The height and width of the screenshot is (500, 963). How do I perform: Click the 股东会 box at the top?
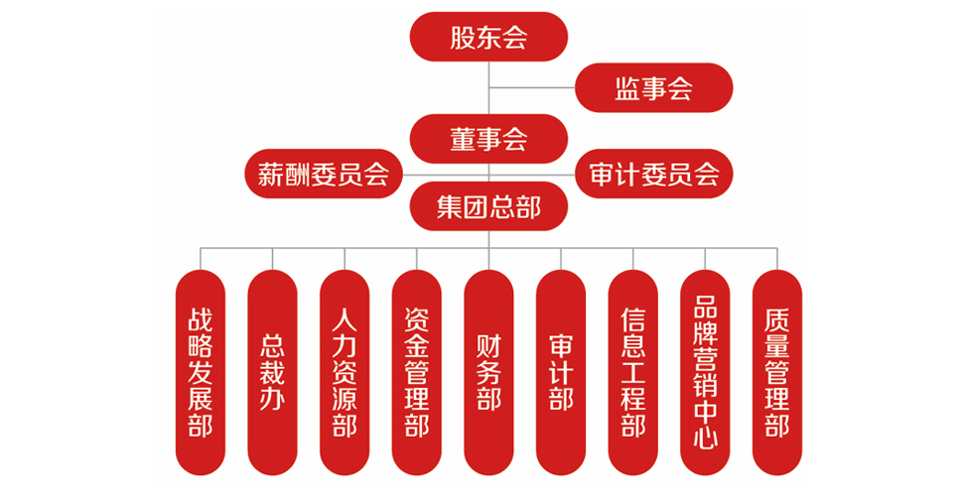click(x=487, y=37)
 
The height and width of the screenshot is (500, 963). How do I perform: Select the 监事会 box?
click(x=653, y=88)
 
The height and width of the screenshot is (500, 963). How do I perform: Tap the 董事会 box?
click(x=487, y=139)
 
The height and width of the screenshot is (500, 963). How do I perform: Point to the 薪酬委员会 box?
click(x=323, y=176)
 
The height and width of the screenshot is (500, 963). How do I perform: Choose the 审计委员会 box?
click(x=653, y=176)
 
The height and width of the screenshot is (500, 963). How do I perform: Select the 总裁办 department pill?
click(x=272, y=372)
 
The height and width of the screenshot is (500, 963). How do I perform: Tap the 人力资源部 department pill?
click(x=344, y=372)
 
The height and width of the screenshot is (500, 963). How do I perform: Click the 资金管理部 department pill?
click(x=417, y=372)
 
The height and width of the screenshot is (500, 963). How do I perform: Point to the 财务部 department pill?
click(x=488, y=372)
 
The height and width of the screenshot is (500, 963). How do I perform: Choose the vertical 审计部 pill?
click(x=561, y=372)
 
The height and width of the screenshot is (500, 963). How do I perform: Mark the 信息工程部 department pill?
click(x=632, y=372)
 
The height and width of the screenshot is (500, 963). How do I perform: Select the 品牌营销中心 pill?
click(x=705, y=372)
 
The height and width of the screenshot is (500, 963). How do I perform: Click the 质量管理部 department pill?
click(x=777, y=372)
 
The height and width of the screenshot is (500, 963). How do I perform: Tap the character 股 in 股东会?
click(x=463, y=38)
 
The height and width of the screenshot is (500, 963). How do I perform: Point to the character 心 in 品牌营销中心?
click(x=705, y=437)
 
